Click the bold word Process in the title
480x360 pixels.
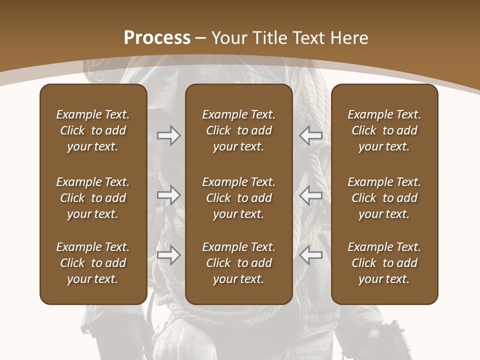(157, 38)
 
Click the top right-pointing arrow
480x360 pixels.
(168, 135)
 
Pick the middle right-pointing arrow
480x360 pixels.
(168, 195)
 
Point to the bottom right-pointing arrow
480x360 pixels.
(168, 255)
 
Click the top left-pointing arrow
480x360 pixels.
(311, 135)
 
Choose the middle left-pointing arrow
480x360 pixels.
(311, 195)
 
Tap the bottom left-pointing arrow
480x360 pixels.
(311, 255)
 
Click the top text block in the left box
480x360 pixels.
(93, 130)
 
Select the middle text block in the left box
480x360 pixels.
(93, 198)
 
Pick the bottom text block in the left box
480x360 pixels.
(93, 263)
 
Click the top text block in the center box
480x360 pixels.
(238, 130)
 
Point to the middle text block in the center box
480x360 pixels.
(238, 198)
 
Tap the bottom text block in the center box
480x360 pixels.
(238, 263)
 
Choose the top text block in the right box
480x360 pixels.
(384, 130)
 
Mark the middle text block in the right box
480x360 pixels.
(384, 198)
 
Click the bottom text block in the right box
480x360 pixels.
(384, 263)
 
